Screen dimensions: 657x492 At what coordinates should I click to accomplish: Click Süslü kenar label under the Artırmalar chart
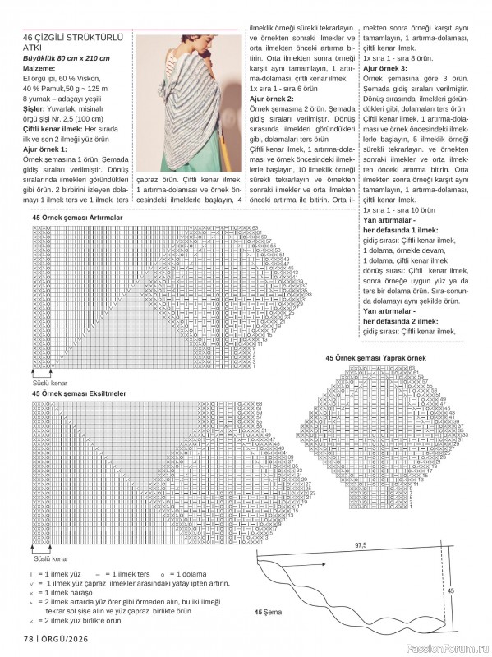(x=49, y=383)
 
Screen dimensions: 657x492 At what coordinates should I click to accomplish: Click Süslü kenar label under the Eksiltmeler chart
(x=49, y=558)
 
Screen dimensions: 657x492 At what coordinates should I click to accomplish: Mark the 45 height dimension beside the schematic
(x=449, y=590)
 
